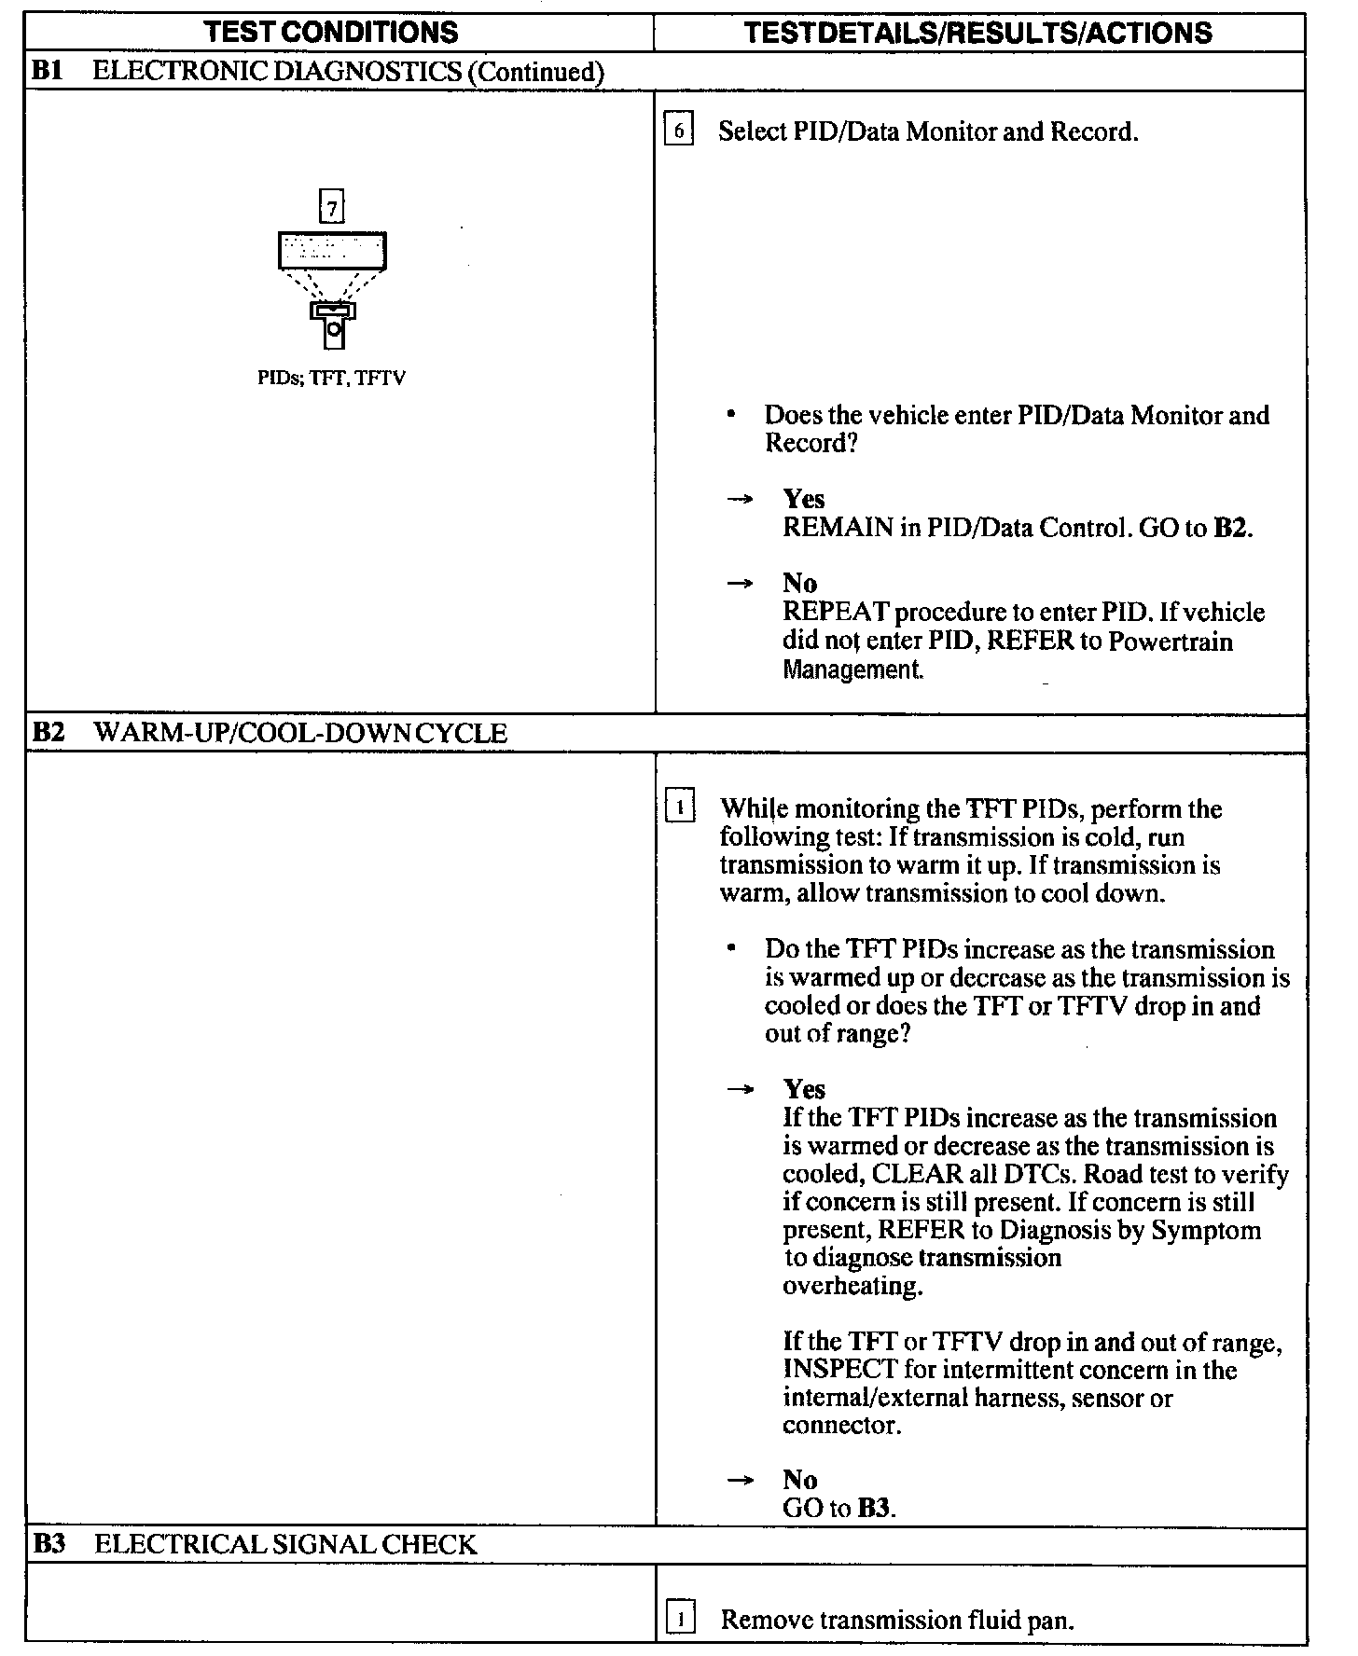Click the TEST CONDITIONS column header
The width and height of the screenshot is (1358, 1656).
tap(331, 33)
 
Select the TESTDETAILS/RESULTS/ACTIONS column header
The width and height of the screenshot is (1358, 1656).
tap(978, 33)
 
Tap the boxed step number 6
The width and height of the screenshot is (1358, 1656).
tap(679, 131)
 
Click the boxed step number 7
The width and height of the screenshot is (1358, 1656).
tap(332, 207)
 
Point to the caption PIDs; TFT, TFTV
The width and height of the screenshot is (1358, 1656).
tap(331, 379)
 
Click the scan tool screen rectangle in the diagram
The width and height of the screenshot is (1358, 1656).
tap(332, 251)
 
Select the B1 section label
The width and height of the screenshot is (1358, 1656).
tap(47, 72)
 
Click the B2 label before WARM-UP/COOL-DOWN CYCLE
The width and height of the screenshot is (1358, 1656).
tap(48, 733)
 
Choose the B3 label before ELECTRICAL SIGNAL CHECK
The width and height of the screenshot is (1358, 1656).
tap(48, 1545)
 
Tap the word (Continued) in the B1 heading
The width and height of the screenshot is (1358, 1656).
tap(535, 72)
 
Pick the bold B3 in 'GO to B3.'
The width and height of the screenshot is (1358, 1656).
tap(874, 1509)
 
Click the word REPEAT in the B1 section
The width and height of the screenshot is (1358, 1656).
tap(836, 613)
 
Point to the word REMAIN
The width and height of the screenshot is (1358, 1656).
tap(838, 528)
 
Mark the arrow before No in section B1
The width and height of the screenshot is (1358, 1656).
tap(741, 584)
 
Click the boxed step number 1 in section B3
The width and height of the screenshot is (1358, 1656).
tap(681, 1620)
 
